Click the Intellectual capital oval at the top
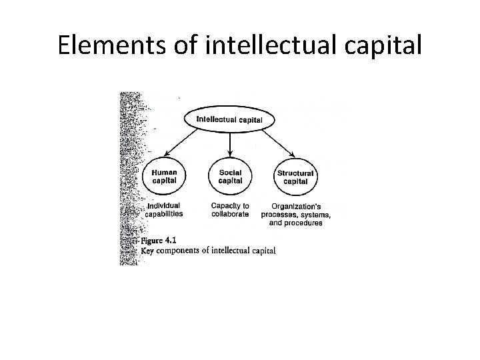(x=229, y=120)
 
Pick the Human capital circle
(x=164, y=175)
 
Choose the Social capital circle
(x=230, y=175)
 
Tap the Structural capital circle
(x=295, y=177)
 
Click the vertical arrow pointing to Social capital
(x=229, y=143)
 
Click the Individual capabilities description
(x=164, y=209)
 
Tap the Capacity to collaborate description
(x=229, y=209)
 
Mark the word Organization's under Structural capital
(x=295, y=205)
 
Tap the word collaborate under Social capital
(x=229, y=214)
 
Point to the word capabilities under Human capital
(x=164, y=214)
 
